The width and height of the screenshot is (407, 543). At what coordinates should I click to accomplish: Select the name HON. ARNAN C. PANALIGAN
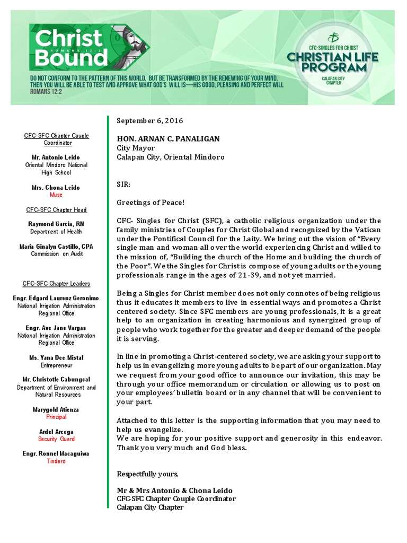click(168, 139)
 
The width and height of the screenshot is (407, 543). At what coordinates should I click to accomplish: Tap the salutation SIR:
click(123, 185)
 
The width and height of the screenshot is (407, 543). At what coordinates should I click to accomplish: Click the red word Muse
click(56, 195)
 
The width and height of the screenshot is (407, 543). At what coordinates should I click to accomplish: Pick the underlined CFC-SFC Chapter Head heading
click(56, 210)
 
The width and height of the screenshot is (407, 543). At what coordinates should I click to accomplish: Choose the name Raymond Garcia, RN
click(56, 224)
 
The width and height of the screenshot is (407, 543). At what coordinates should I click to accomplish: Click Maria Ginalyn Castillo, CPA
click(56, 247)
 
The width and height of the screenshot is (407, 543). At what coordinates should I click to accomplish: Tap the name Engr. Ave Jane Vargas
click(56, 328)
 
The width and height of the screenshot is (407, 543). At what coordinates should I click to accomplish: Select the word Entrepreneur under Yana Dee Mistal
click(56, 365)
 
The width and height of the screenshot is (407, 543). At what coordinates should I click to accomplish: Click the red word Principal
click(56, 417)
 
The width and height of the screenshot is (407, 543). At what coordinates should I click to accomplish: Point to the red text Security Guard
click(56, 439)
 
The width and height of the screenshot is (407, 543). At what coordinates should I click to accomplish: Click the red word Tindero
click(56, 461)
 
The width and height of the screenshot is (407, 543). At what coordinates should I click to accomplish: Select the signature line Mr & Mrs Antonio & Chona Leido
click(174, 491)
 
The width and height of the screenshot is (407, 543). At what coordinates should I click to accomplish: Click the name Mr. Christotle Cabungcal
click(56, 380)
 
